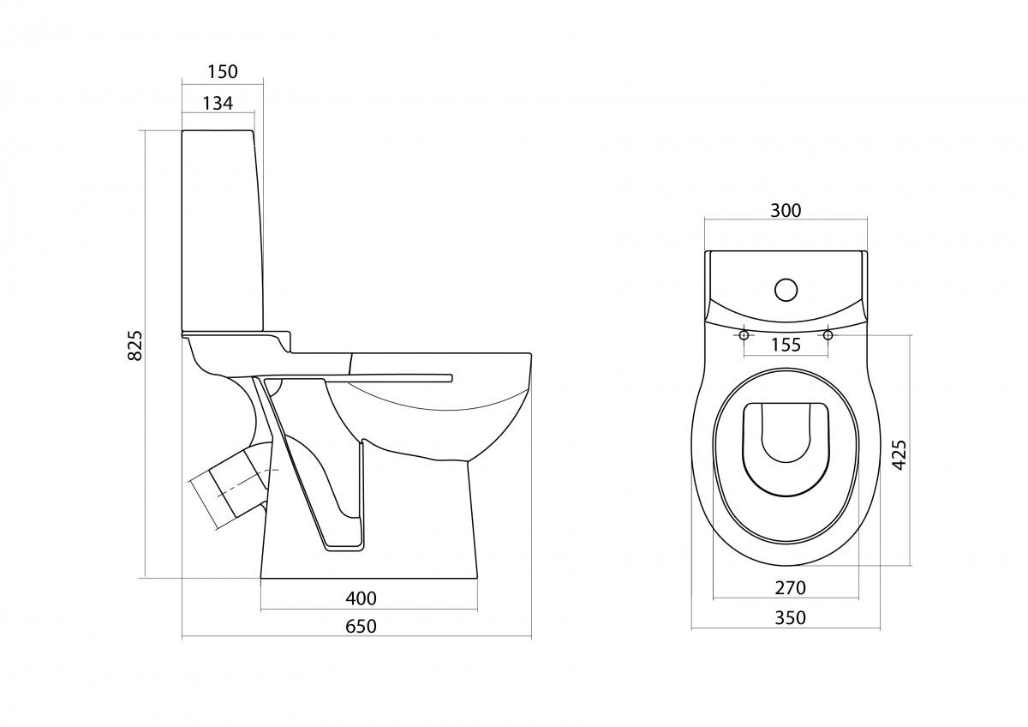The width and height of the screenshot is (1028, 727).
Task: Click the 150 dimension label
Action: coord(223,72)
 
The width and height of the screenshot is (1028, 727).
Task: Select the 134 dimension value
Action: coord(218,104)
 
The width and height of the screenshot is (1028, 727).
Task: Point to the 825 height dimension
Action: coord(134,345)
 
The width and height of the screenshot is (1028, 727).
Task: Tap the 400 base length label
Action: coord(362,598)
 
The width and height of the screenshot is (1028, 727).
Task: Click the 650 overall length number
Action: coord(362,626)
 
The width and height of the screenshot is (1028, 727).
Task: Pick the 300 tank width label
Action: coord(786,210)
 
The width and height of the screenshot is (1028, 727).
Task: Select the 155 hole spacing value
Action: coord(786,345)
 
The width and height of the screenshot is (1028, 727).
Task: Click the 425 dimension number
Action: coord(900,454)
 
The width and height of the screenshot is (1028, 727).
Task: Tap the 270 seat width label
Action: coord(790,587)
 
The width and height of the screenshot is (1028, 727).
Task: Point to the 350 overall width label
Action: coord(790,618)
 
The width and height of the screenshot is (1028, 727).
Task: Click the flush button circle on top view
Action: coord(786,290)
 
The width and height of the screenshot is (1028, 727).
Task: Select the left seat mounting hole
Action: coord(744,335)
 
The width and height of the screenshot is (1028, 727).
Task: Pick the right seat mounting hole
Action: coord(828,335)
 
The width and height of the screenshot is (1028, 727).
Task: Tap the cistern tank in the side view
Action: coord(223,230)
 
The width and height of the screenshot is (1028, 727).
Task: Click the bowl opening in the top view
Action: coord(786,451)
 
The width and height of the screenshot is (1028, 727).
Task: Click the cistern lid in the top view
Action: coord(786,285)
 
